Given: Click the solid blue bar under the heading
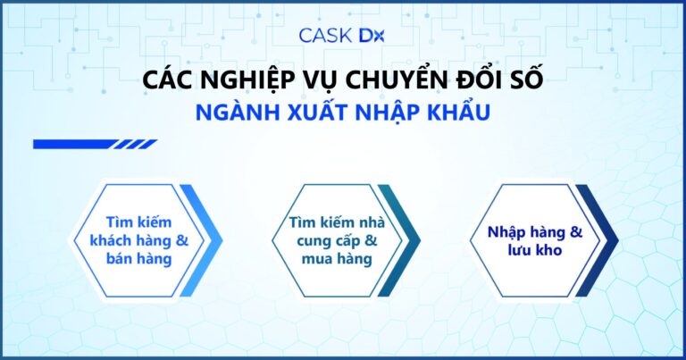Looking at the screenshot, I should (72, 144).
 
